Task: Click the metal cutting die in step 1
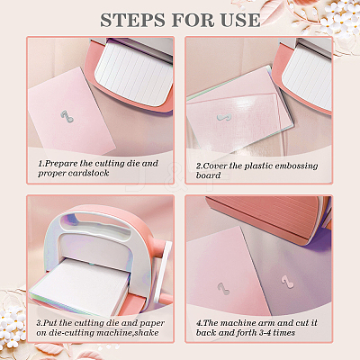67,116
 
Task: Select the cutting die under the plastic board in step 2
223,118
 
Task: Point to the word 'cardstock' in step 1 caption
88,174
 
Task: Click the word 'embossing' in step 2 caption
296,166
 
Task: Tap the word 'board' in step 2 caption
208,175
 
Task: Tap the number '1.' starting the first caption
41,164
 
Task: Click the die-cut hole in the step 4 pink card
223,288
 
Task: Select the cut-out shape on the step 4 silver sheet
287,282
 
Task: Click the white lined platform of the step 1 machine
135,75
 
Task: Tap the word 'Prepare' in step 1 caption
61,164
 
